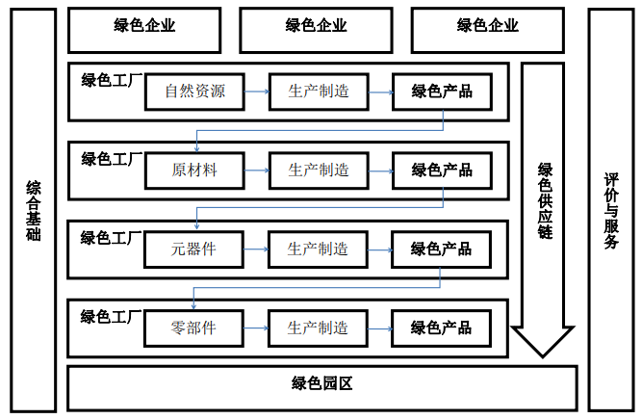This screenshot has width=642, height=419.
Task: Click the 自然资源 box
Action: [194, 92]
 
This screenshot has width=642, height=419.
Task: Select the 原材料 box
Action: [194, 170]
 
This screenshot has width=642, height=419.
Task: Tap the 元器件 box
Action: [193, 249]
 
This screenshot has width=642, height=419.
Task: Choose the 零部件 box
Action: [193, 327]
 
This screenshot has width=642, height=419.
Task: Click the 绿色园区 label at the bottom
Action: [322, 383]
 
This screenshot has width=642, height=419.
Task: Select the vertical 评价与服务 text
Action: [611, 210]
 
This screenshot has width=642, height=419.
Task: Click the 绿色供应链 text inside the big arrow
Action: [544, 202]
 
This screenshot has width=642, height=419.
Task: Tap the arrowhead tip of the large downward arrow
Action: [544, 354]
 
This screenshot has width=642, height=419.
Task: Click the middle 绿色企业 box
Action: [317, 26]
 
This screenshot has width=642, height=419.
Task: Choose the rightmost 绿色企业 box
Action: [488, 26]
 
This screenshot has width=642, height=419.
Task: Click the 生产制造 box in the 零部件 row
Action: [318, 327]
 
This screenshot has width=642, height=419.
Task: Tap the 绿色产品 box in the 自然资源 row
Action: [442, 92]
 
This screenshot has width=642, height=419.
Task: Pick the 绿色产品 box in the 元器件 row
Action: [441, 249]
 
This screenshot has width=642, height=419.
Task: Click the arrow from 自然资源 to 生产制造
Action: [256, 92]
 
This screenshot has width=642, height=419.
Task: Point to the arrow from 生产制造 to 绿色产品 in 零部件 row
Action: [379, 328]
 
